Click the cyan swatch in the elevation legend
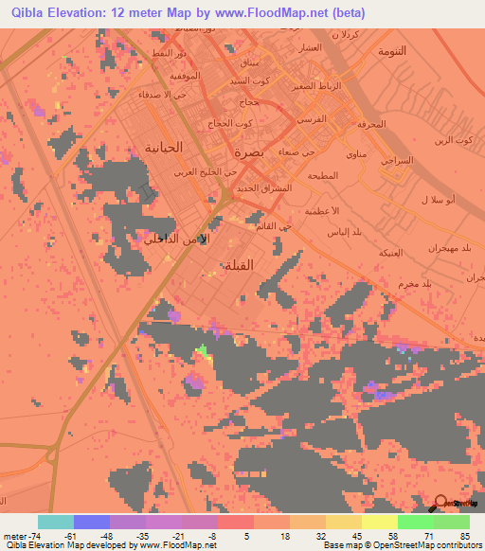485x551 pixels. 56,522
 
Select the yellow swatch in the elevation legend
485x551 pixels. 380,522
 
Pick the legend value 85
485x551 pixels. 464,536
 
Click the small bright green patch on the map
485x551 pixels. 201,351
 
